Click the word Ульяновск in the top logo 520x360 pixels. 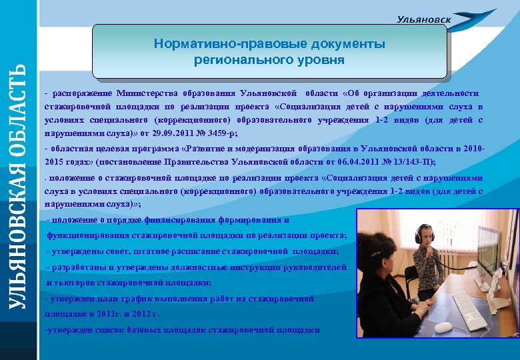click(x=423, y=20)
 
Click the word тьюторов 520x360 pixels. click(x=67, y=283)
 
